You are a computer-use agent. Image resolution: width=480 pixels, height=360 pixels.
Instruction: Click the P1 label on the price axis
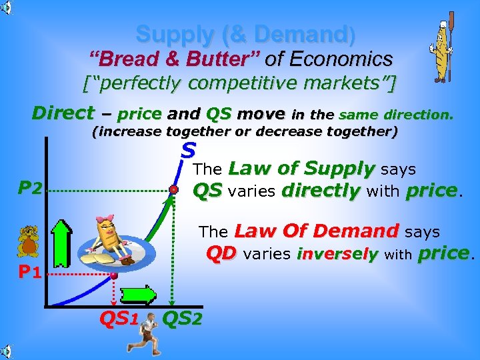(31, 273)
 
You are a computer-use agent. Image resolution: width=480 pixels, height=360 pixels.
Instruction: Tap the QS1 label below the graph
(119, 319)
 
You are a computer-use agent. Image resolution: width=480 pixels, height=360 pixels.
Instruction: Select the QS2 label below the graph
(182, 319)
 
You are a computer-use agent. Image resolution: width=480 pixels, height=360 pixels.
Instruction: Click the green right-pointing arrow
(138, 294)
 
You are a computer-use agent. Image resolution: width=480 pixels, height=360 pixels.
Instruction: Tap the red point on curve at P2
(173, 190)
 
